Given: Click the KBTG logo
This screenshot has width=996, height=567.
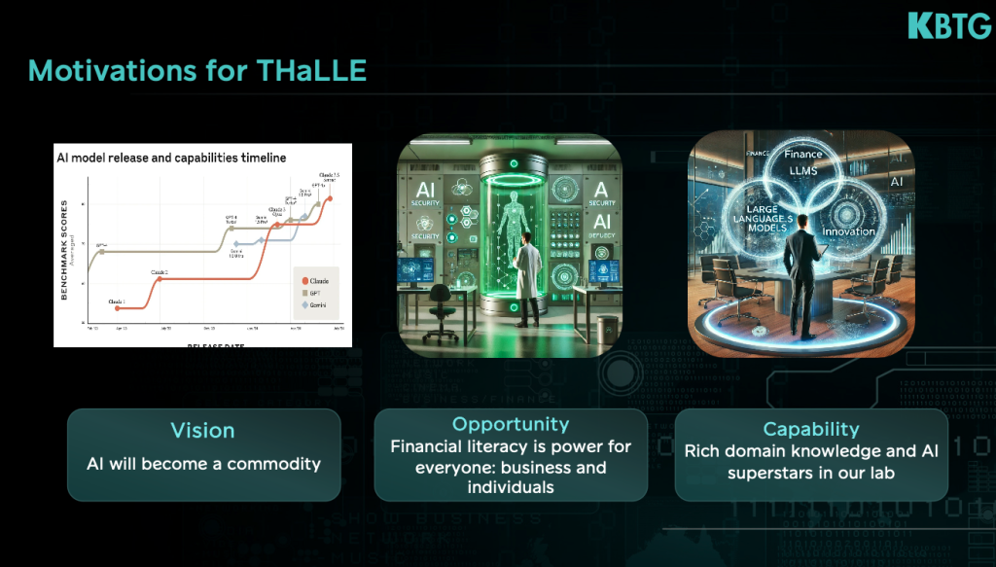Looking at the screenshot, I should [949, 25].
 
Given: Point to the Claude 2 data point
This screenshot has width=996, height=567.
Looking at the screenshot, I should [159, 278].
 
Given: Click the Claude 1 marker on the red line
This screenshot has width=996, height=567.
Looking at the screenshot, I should [117, 307].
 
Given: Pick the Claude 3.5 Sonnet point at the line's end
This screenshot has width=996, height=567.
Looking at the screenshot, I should [329, 198].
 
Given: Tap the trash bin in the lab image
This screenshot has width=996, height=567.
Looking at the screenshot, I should [607, 329].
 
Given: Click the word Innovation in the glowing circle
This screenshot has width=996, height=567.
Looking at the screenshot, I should [848, 231].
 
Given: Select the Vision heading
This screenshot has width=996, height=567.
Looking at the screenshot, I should [202, 430].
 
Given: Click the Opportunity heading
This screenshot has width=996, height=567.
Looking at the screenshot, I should [511, 424].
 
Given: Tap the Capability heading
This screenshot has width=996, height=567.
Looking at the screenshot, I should [810, 429].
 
